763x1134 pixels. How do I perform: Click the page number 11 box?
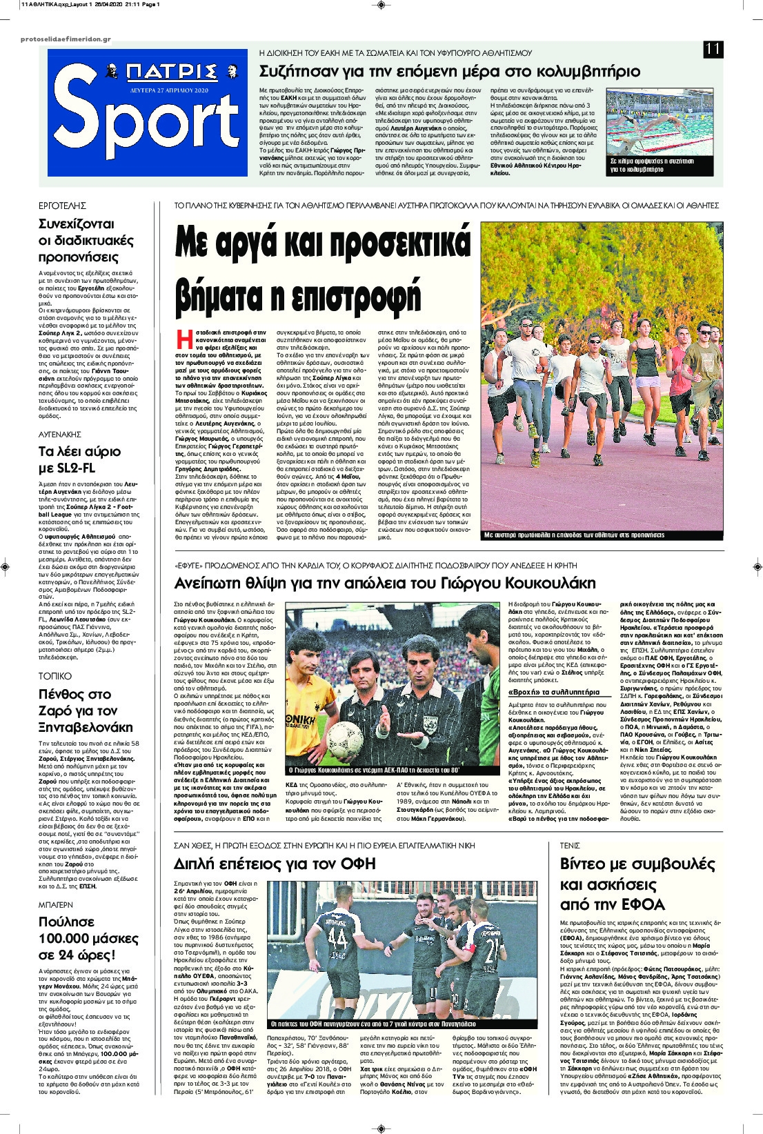[713, 49]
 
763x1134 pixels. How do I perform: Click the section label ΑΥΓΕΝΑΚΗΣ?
[61, 434]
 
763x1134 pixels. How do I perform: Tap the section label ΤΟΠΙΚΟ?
[54, 676]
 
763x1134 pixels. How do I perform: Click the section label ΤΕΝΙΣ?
[570, 845]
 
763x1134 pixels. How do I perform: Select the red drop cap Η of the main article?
[183, 340]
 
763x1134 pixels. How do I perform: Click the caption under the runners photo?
[574, 534]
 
